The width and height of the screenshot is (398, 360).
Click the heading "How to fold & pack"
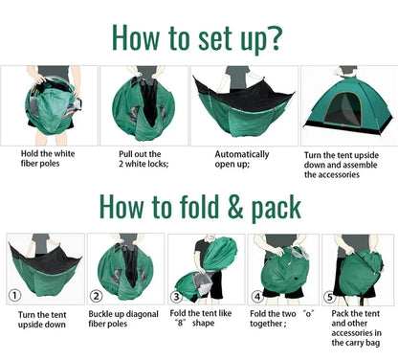tap(199, 206)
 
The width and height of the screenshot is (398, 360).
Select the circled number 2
tap(97, 296)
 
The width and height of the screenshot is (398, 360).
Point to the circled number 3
tap(176, 296)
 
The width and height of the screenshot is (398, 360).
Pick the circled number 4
tap(256, 296)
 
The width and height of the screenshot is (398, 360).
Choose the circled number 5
tap(330, 296)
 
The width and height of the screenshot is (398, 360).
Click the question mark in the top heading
tap(274, 35)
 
